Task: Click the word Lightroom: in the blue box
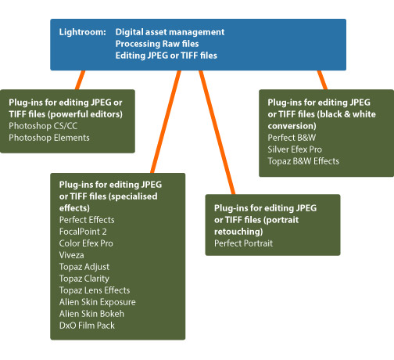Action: (82, 32)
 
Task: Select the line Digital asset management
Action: (170, 32)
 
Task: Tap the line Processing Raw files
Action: (157, 44)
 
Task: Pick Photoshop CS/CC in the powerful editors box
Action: (43, 126)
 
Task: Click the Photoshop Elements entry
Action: (49, 138)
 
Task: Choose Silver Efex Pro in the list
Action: (295, 149)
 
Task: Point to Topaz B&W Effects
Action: (303, 161)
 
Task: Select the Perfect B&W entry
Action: (292, 138)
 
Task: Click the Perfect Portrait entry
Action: (243, 243)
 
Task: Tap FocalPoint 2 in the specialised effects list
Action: (83, 232)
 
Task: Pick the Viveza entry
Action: (72, 255)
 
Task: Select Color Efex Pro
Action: (86, 243)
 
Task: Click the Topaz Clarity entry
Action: (84, 279)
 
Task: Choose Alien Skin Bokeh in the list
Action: (91, 314)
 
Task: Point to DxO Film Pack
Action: (87, 326)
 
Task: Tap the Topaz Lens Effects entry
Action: (95, 290)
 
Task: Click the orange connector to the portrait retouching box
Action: (217, 132)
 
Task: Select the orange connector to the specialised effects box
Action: (166, 122)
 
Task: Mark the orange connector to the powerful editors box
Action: (80, 80)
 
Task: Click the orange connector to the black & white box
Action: (322, 80)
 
